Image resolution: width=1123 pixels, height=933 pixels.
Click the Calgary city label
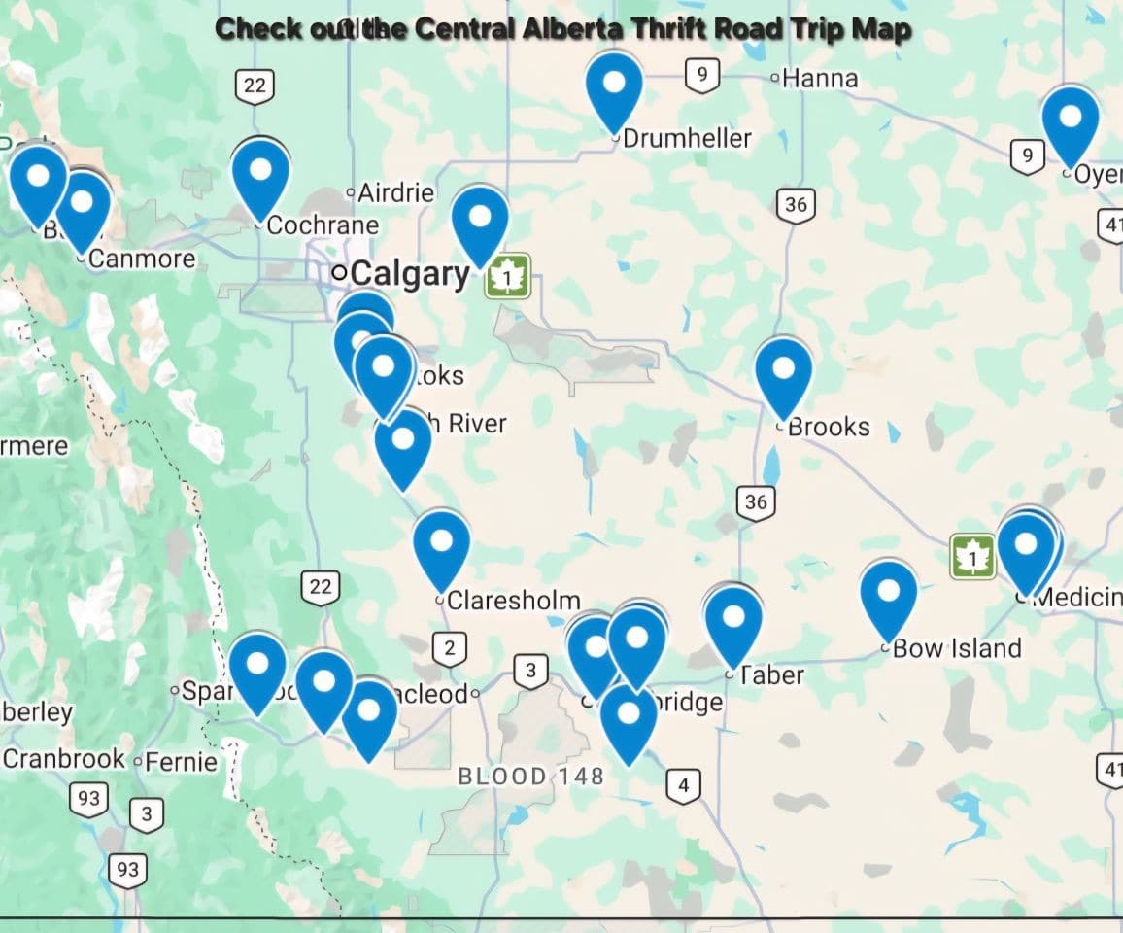[x=410, y=274]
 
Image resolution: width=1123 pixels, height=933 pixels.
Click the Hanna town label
[x=820, y=78]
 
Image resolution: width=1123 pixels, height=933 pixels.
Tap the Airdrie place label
[x=395, y=192]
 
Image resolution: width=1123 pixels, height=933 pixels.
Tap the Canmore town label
[x=142, y=259]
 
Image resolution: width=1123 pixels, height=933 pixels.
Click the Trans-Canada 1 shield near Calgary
[x=507, y=276]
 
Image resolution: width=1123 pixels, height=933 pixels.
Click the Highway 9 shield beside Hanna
[x=701, y=75]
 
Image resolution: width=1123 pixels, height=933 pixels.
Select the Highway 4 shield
[x=683, y=784]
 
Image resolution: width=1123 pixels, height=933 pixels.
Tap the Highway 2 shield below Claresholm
[x=449, y=648]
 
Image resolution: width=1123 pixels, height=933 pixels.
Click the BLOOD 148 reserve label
[x=530, y=776]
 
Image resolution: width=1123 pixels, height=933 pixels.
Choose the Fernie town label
[x=182, y=761]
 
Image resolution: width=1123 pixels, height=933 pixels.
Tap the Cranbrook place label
[x=65, y=758]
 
